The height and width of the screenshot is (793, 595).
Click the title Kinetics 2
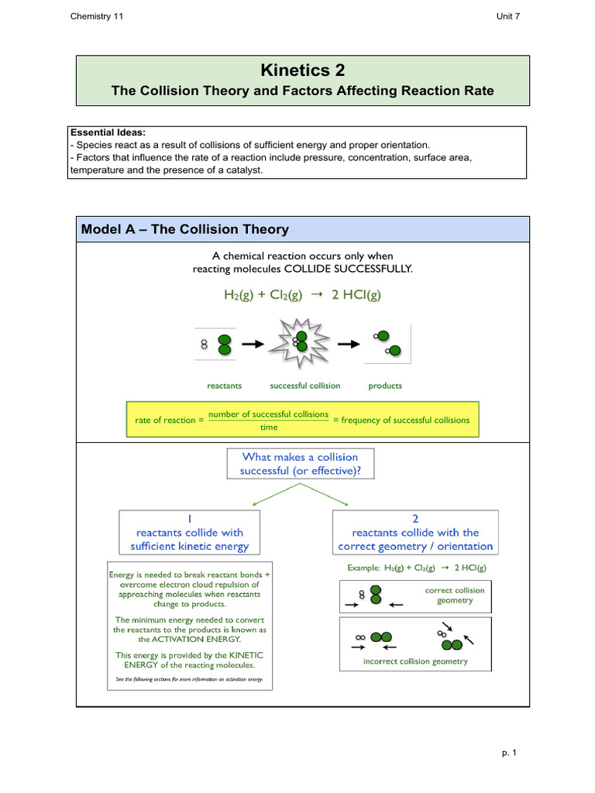[302, 71]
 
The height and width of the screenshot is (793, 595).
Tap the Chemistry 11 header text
[96, 17]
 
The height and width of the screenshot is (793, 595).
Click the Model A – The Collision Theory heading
[185, 229]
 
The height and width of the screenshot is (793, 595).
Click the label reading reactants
[225, 386]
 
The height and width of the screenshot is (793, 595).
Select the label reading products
[385, 386]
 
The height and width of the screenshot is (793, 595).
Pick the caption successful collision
[304, 386]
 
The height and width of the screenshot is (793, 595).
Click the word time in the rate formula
[268, 427]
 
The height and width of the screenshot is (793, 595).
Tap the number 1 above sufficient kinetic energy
[190, 518]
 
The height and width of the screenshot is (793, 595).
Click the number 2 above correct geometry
[415, 518]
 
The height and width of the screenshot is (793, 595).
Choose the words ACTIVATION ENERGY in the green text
[189, 640]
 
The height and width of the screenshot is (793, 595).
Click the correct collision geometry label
[455, 595]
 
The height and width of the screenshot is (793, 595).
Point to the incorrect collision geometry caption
[415, 661]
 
